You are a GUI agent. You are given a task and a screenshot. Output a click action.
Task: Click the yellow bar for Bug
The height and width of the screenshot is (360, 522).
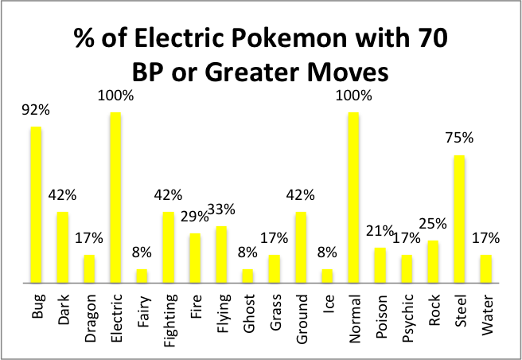click(36, 205)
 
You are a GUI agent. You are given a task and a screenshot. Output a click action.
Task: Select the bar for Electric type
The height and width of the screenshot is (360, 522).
click(115, 198)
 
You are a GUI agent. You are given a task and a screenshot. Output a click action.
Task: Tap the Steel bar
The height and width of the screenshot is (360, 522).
click(460, 219)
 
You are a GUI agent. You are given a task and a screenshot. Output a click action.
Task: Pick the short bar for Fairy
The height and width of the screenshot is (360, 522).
click(142, 276)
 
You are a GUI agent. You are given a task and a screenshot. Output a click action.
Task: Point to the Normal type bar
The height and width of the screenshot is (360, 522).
click(354, 198)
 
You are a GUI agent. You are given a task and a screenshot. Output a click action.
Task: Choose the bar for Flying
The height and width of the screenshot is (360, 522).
click(221, 254)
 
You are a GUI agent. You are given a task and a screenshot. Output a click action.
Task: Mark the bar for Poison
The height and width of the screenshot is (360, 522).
click(380, 265)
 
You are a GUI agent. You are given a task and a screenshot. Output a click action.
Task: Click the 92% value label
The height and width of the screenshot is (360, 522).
click(35, 112)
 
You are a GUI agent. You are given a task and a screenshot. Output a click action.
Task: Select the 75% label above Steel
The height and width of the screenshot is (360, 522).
click(459, 138)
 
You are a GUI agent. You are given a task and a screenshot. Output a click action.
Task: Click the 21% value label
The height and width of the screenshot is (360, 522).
click(380, 231)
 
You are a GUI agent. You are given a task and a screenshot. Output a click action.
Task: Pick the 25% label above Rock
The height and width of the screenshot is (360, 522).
click(433, 224)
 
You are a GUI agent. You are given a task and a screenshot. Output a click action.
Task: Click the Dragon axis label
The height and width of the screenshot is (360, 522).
click(89, 316)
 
